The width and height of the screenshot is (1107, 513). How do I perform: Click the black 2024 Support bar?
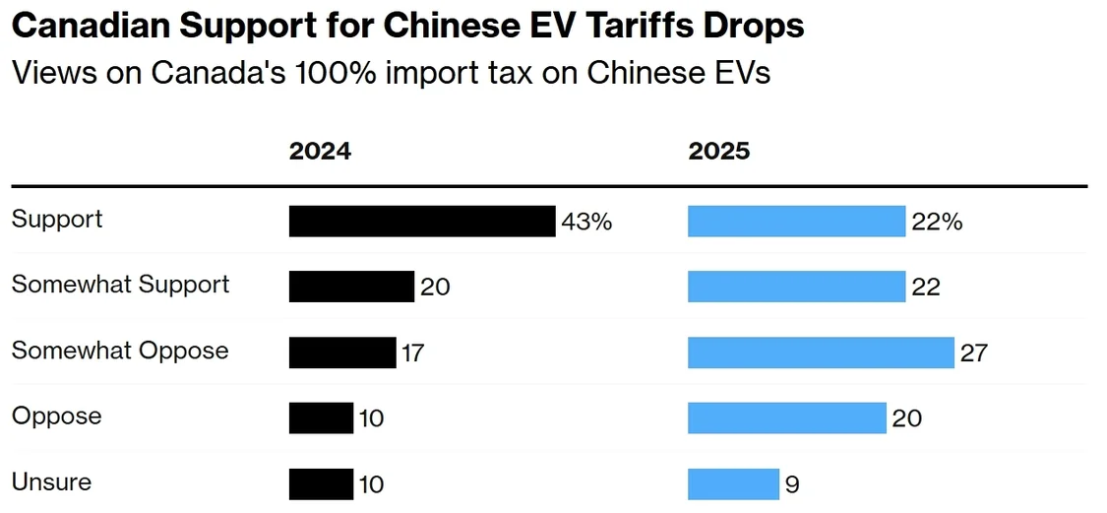click(422, 222)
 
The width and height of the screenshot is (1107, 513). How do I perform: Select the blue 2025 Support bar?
click(796, 222)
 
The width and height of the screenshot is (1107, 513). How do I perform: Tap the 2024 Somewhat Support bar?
click(351, 287)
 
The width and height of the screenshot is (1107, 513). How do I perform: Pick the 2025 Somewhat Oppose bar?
click(821, 353)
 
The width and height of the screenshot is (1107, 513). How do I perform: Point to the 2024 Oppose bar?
click(321, 418)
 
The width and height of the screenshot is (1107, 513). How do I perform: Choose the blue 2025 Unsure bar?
click(733, 484)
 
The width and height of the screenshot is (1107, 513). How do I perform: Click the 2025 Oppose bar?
click(787, 418)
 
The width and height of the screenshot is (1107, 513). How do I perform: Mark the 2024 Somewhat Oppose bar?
click(342, 353)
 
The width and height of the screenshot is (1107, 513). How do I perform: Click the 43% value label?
click(586, 222)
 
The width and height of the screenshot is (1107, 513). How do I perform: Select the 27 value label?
click(973, 353)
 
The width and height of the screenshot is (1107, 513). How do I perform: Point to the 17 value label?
click(412, 353)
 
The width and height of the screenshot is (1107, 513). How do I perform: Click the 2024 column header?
click(320, 151)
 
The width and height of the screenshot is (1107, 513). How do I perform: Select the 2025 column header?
click(718, 151)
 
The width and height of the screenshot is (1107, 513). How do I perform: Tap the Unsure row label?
click(51, 482)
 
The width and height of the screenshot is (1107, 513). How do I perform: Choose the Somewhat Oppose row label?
click(120, 351)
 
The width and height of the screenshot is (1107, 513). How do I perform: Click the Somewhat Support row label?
click(120, 285)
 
